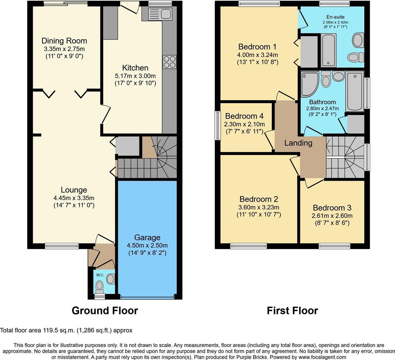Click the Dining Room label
64,41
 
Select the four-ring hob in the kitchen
169,62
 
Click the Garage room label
147,238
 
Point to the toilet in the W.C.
99,286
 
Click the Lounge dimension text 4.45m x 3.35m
74,198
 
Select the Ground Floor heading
105,311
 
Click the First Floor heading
292,311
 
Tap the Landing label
298,143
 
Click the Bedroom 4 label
244,116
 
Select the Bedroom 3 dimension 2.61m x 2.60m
332,216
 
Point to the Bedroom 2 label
258,199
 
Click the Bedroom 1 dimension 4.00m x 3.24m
257,55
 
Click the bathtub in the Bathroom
354,91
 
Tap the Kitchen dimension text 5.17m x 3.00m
135,76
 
